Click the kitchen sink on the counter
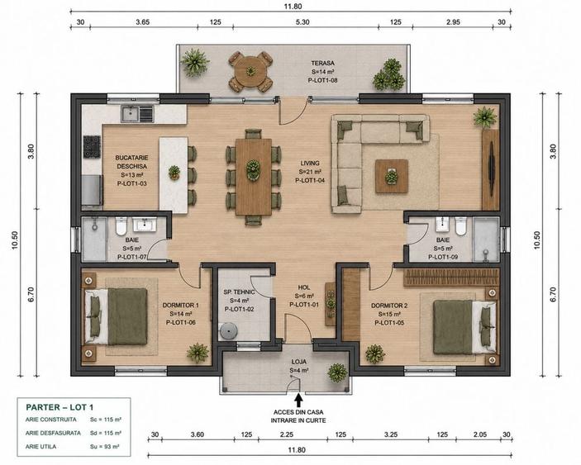pos(136,114)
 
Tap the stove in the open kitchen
pos(92,147)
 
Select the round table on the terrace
pos(251,72)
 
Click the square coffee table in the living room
pos(392,176)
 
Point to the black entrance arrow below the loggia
pos(298,401)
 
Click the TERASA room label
pos(322,64)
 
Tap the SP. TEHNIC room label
pos(239,292)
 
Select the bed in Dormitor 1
pos(116,316)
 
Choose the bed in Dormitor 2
pos(464,327)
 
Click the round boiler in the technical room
pos(228,330)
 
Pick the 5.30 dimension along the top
pos(302,22)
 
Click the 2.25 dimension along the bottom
pos(287,434)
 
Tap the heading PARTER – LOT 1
pos(60,407)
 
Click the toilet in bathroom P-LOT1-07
pos(121,226)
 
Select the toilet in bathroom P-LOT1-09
pos(460,226)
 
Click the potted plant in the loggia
pos(337,372)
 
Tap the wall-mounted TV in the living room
pos(492,171)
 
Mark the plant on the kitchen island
pos(174,173)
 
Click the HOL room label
pos(304,287)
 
